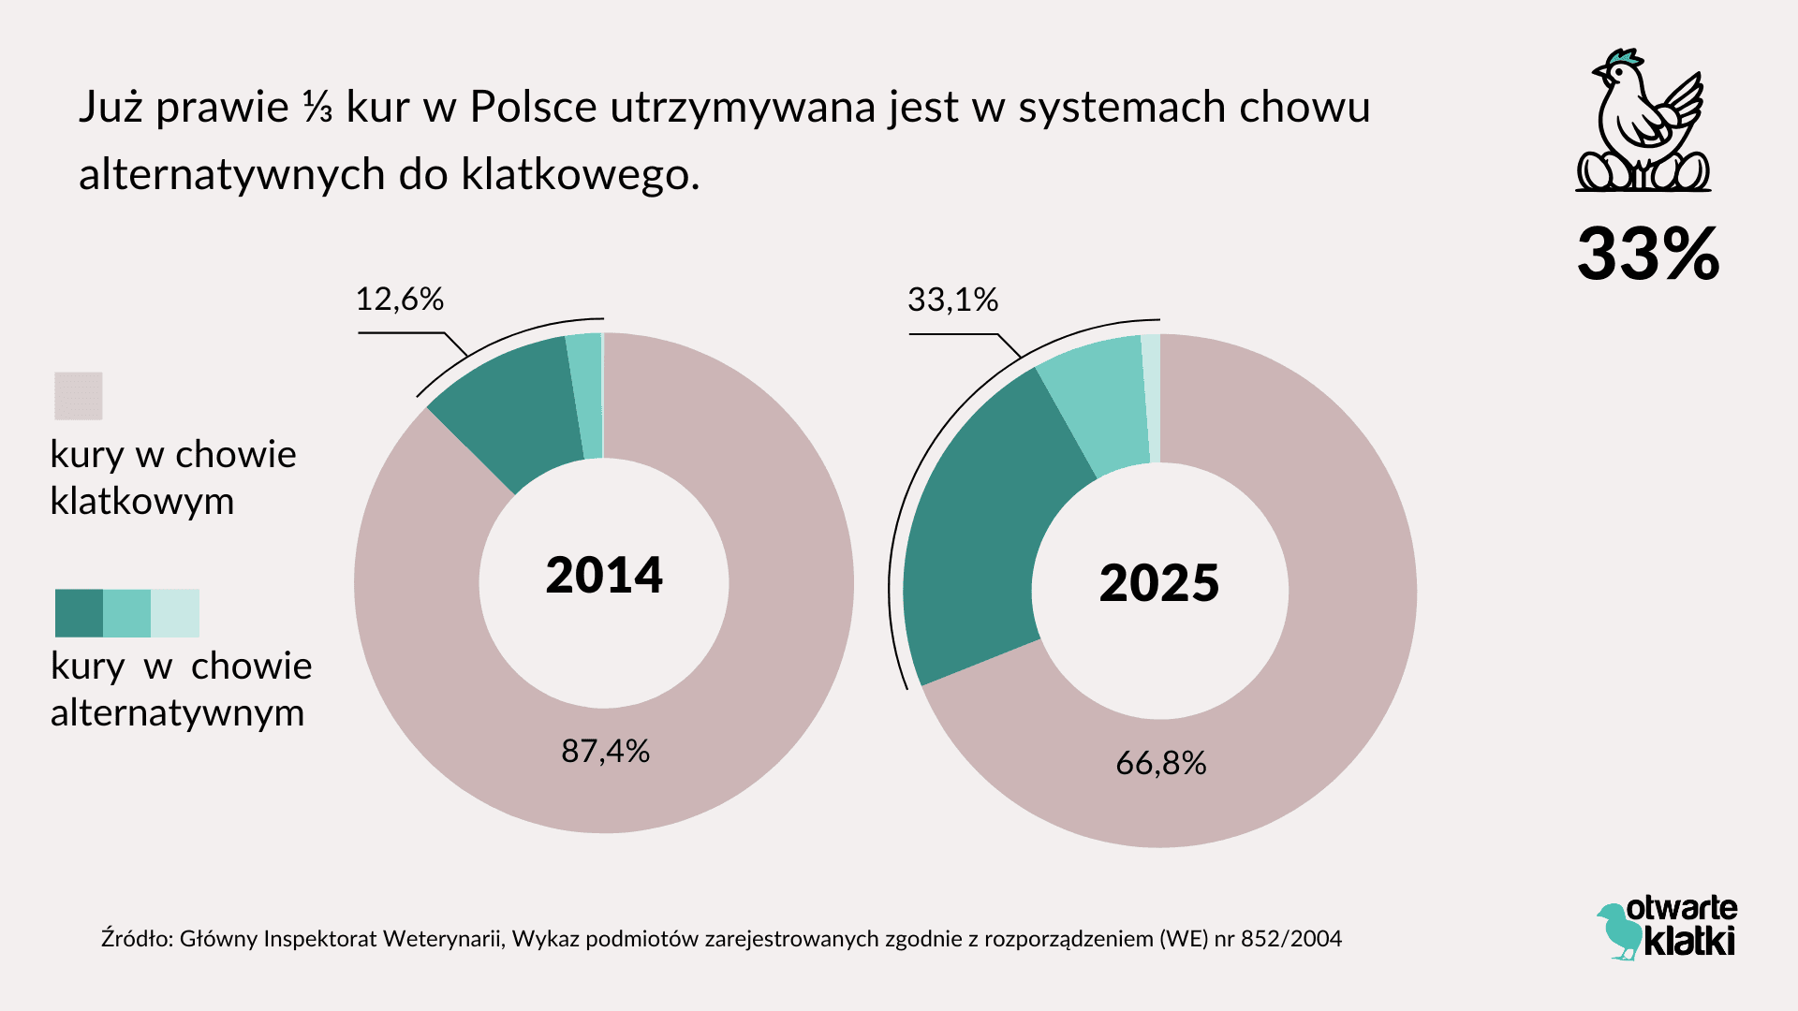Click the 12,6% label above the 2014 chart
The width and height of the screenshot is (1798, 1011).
click(399, 300)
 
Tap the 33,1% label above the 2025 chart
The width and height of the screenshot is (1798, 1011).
click(952, 300)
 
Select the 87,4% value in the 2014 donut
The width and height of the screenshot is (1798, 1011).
click(605, 751)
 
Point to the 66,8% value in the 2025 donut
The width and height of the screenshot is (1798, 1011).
click(1160, 764)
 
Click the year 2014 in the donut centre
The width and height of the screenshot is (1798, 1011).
click(604, 575)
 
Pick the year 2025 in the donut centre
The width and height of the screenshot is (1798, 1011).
click(1158, 582)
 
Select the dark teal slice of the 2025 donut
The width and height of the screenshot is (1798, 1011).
click(983, 524)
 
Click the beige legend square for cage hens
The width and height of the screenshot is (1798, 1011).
click(79, 396)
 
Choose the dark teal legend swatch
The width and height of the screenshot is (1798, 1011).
click(79, 613)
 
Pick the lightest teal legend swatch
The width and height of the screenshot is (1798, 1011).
click(175, 613)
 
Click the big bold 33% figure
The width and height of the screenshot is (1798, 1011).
click(1648, 254)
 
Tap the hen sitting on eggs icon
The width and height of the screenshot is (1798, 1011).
click(1643, 122)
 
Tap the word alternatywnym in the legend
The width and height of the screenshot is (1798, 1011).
click(178, 713)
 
